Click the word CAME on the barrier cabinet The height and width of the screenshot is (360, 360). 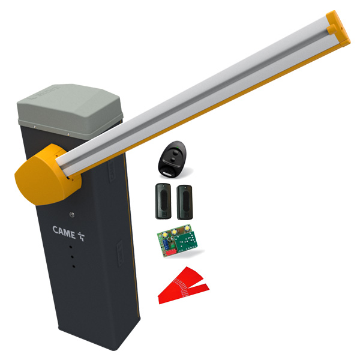[64, 232]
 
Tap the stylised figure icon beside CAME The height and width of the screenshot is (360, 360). [81, 236]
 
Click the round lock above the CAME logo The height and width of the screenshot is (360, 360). [71, 215]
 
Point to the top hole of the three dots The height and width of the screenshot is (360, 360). [71, 247]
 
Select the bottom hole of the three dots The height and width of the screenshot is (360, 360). [74, 266]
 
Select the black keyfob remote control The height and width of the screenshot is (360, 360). [172, 159]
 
